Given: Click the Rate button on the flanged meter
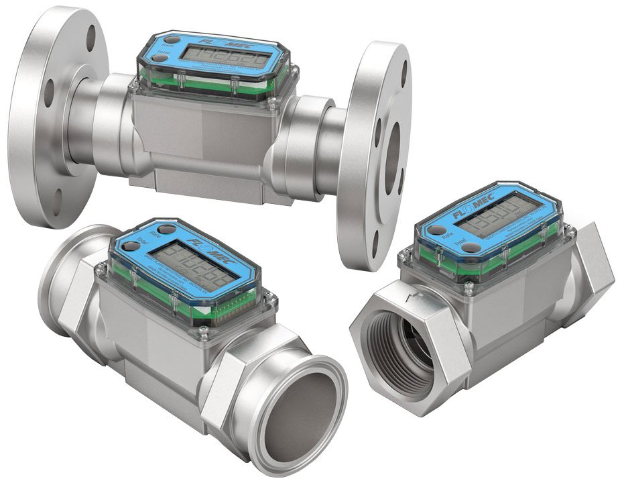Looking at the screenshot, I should pos(159,45).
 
